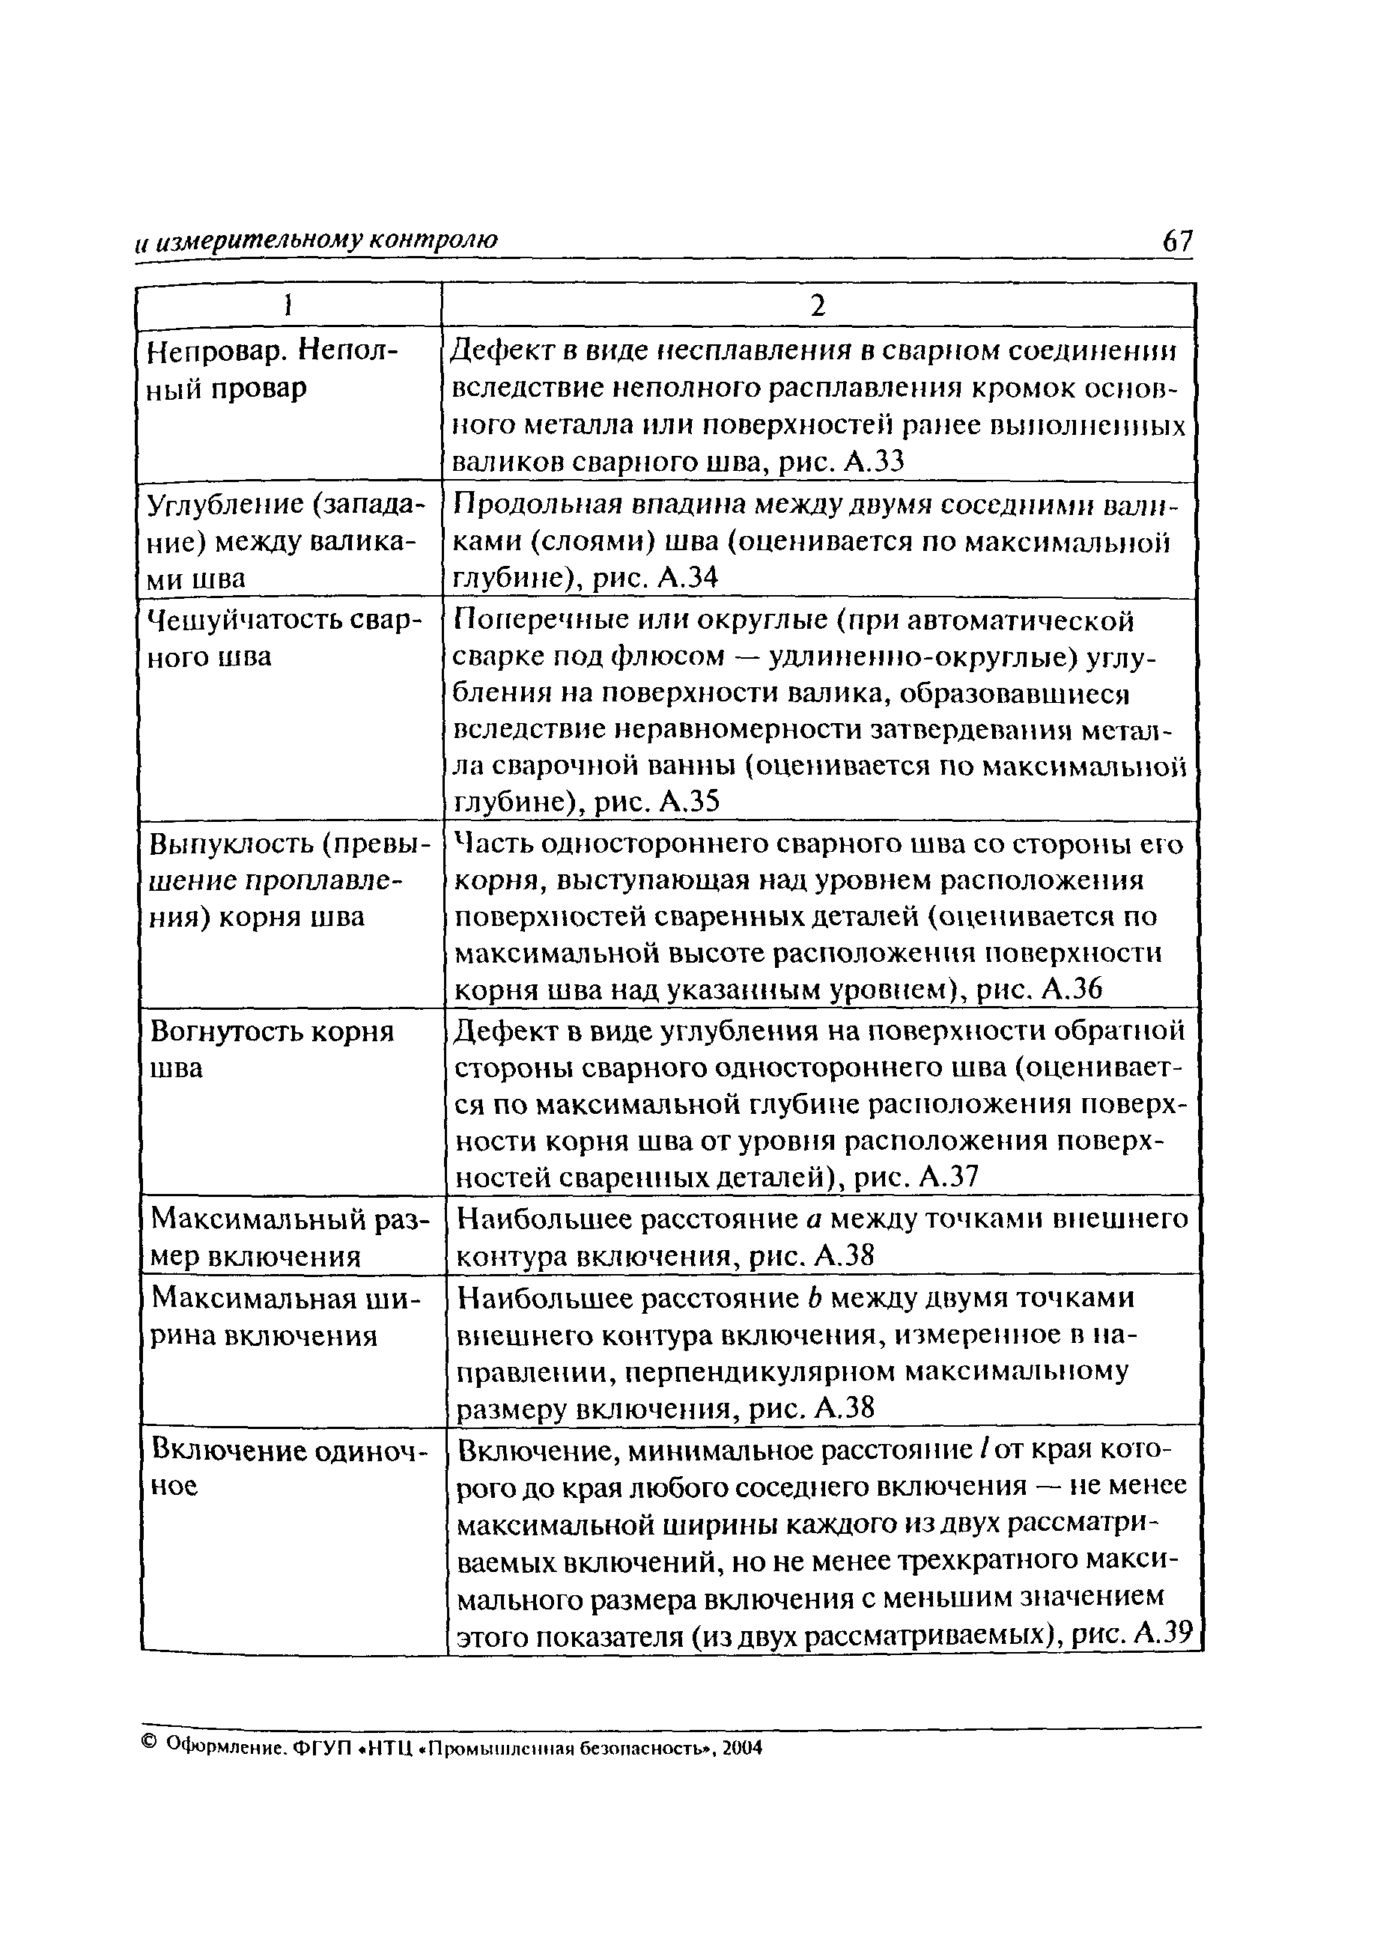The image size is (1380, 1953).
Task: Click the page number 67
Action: tap(1178, 242)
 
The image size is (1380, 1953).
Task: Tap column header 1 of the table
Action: tap(289, 305)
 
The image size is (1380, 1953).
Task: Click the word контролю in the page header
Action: tap(439, 242)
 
